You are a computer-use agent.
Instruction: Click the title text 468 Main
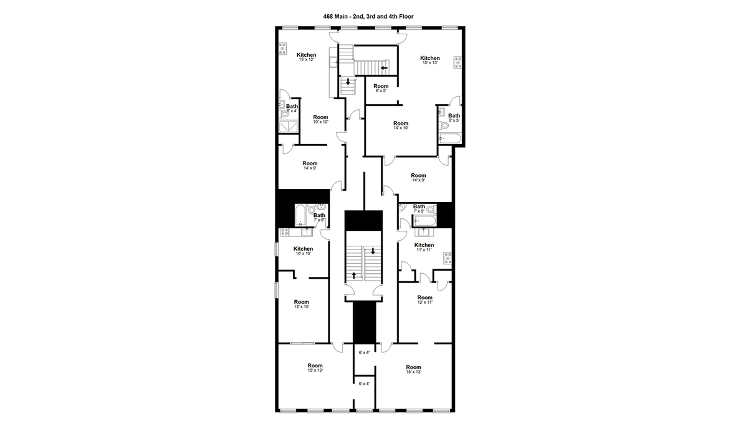click(x=335, y=16)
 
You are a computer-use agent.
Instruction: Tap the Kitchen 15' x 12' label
click(x=307, y=57)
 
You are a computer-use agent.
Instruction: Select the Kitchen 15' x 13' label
click(x=429, y=60)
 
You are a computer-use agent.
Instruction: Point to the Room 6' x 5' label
click(x=381, y=88)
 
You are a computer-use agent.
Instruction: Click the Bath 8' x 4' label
click(x=292, y=109)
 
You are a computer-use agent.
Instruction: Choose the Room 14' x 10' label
click(x=401, y=125)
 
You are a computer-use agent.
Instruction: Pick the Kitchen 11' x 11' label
click(x=424, y=247)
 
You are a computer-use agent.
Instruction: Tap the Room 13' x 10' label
click(x=302, y=304)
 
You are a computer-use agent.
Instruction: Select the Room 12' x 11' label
click(x=424, y=300)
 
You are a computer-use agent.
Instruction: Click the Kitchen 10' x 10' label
click(x=303, y=251)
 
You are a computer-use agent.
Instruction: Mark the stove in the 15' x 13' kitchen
click(x=458, y=63)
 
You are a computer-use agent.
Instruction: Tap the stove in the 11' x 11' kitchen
click(x=448, y=259)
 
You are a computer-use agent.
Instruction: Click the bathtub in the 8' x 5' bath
click(x=450, y=138)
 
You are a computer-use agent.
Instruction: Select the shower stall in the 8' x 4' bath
click(x=288, y=127)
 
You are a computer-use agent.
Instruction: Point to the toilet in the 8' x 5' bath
click(x=443, y=126)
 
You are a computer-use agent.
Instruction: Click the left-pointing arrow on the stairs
click(x=384, y=68)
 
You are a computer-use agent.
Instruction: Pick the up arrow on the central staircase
click(x=354, y=275)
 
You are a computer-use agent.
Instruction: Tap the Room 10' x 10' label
click(x=320, y=119)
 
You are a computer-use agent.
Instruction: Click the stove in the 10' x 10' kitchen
click(x=285, y=232)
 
